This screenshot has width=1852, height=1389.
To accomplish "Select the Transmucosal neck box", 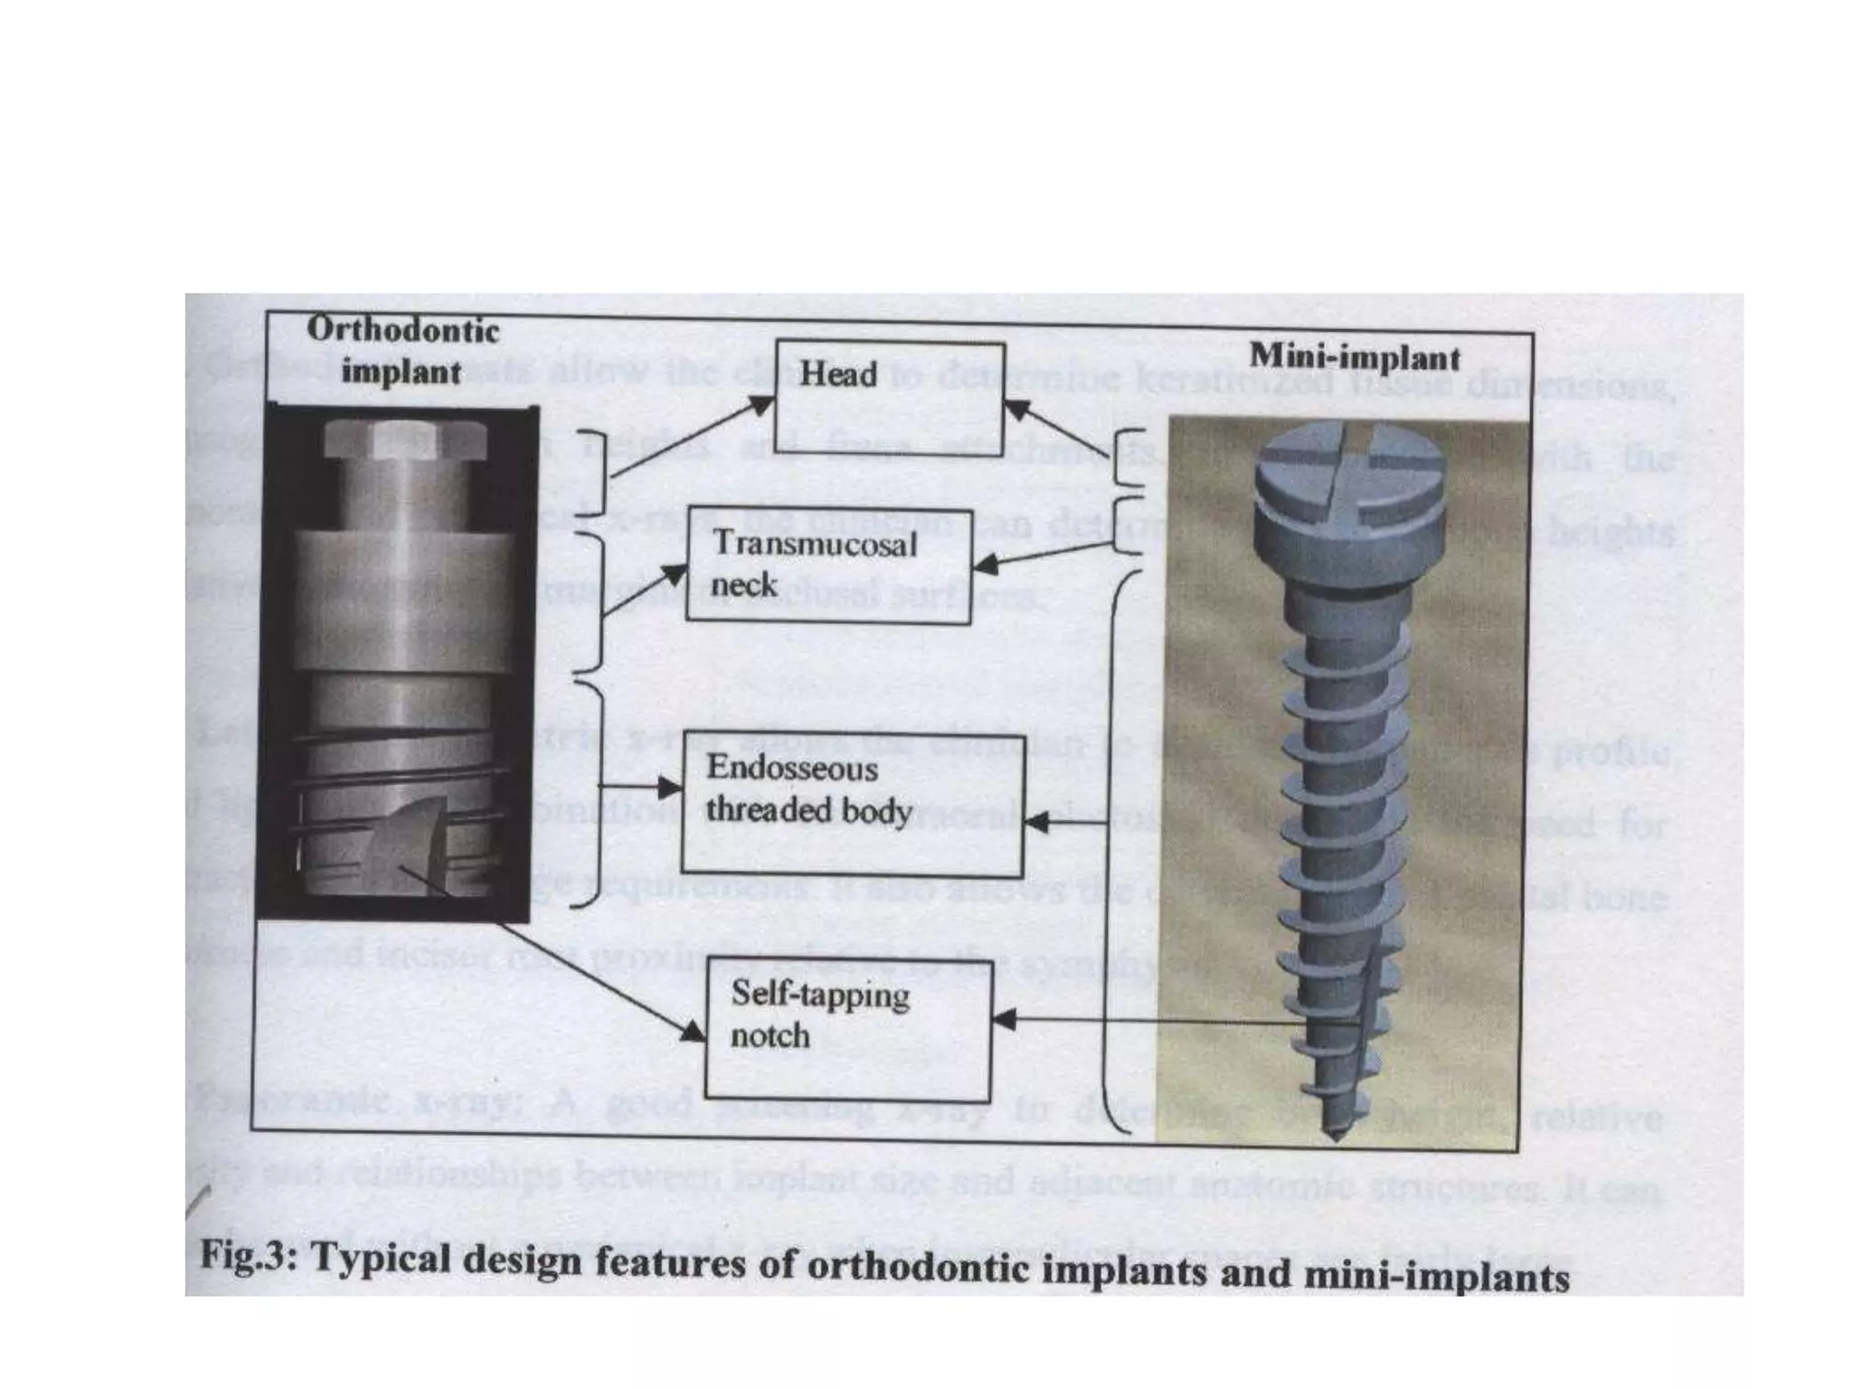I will point(827,564).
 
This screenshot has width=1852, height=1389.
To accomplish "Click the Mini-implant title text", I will point(1355,357).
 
